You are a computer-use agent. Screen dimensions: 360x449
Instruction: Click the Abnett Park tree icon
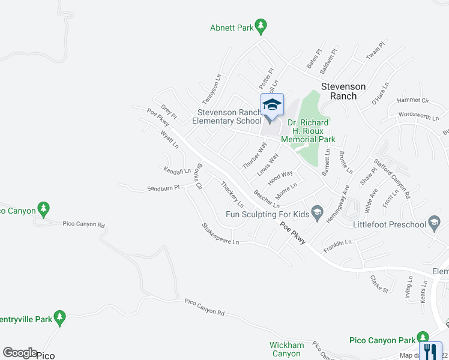[x=261, y=26]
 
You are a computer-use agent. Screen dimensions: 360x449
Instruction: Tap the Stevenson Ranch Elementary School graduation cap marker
[x=271, y=105]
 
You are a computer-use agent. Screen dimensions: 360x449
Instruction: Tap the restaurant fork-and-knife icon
[x=430, y=351]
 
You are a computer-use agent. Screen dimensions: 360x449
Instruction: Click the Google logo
[x=20, y=353]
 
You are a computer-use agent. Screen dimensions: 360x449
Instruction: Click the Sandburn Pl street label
[x=163, y=188]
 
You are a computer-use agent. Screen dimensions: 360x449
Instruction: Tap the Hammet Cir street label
[x=412, y=100]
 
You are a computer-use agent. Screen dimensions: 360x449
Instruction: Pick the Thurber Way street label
[x=254, y=155]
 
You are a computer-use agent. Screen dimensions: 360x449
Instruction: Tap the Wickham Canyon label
[x=286, y=349]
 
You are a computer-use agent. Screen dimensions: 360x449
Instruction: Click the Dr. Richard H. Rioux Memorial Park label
[x=310, y=131]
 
